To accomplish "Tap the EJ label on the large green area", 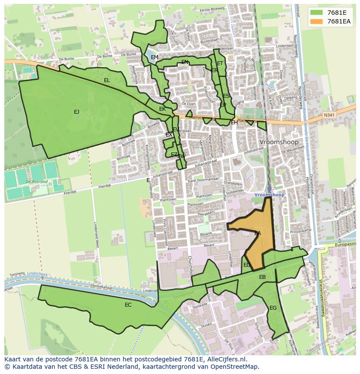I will point(77,112).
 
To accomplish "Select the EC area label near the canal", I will point(128,305).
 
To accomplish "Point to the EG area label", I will point(273,308).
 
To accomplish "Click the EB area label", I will point(263,277).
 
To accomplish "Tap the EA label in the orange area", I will point(258,233).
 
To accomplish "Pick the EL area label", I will point(107,80).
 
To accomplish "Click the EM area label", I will point(154,57).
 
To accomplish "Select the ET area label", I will point(220,63).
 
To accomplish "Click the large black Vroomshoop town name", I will point(279,142).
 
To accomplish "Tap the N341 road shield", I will point(329,115).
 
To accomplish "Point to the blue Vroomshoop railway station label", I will point(270,195).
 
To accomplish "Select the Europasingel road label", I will point(345,245).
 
